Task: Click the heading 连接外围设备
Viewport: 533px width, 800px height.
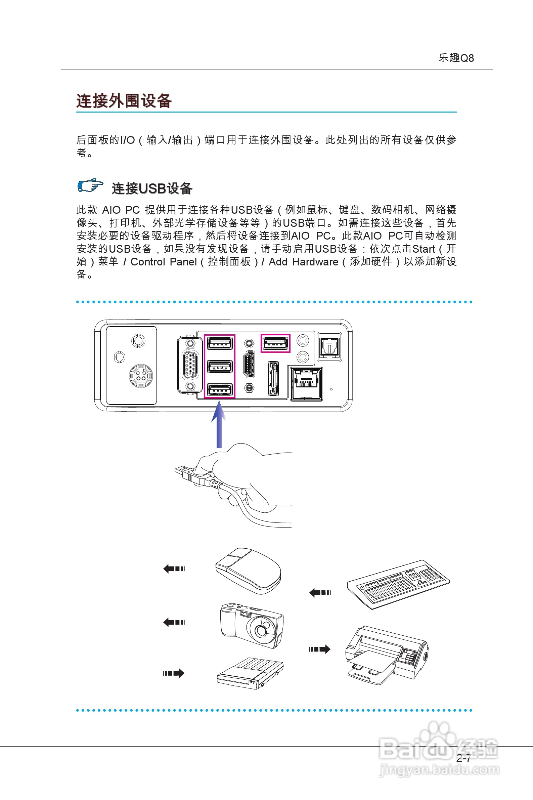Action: (x=124, y=101)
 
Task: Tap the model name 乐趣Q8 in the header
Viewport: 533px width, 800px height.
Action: (x=456, y=58)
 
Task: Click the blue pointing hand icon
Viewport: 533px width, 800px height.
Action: (x=90, y=185)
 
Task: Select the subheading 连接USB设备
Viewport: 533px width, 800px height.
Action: (x=152, y=188)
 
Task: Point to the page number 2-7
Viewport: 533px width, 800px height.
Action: (x=463, y=758)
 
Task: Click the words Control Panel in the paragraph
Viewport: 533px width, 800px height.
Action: (x=164, y=262)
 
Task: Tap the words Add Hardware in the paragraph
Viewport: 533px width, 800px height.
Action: (x=303, y=262)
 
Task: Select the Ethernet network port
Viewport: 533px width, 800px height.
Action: (x=306, y=384)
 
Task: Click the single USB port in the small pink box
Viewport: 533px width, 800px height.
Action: (x=275, y=343)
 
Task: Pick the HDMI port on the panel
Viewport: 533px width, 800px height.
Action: (x=250, y=365)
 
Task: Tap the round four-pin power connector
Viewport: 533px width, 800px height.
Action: (x=141, y=376)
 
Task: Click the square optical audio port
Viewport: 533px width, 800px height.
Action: (x=329, y=347)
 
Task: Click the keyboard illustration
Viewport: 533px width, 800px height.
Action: (x=398, y=584)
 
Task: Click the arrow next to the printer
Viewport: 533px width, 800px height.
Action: (x=319, y=649)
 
